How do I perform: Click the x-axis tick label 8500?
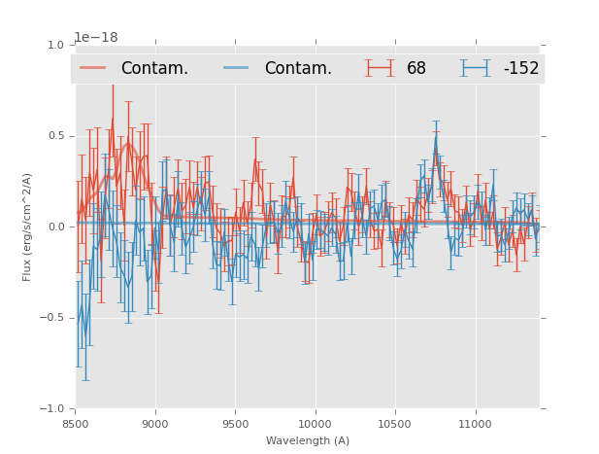tap(76, 424)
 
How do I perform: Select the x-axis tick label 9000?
tap(155, 424)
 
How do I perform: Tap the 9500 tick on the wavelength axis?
tap(235, 424)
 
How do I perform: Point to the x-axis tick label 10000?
tap(315, 424)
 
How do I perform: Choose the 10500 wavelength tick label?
tap(394, 424)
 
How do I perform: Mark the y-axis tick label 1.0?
tap(55, 45)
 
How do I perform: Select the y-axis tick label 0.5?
tap(55, 136)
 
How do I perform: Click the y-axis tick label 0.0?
tap(55, 227)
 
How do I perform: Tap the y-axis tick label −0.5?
tap(52, 318)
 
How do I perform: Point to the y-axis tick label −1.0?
tap(52, 409)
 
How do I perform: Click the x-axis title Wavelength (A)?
tap(308, 440)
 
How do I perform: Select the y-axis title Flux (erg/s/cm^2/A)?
tap(27, 227)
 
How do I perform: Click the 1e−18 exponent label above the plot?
tap(96, 37)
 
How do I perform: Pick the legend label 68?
tap(416, 68)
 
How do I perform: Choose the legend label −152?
tap(520, 68)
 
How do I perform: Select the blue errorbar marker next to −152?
tap(476, 67)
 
